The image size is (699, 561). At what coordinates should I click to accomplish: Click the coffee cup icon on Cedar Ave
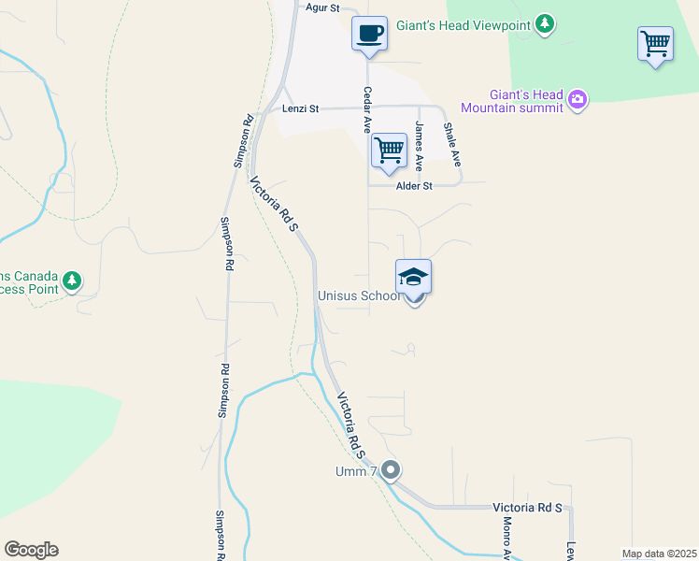tap(369, 33)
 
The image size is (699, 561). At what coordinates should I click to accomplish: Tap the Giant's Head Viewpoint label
tap(463, 24)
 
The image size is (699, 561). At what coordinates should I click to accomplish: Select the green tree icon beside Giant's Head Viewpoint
tap(544, 25)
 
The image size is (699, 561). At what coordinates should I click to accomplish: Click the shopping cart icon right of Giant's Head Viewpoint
tap(655, 43)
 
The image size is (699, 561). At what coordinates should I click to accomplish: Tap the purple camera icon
tap(578, 99)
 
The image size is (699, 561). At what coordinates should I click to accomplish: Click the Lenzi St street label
tap(300, 109)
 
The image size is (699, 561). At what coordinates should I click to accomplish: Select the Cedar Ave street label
tap(368, 109)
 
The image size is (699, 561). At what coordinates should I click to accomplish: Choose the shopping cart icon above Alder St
tap(388, 150)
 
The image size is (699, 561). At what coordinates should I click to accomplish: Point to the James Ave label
tap(420, 147)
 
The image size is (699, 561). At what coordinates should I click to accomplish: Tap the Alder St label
tap(414, 186)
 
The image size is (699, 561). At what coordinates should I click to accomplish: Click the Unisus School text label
tap(358, 295)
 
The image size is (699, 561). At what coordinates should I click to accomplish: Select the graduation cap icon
tap(413, 278)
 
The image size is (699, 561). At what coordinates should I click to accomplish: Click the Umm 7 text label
tap(356, 470)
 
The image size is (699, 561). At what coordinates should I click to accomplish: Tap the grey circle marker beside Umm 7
tap(391, 469)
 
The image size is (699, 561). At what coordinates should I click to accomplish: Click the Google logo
tap(31, 550)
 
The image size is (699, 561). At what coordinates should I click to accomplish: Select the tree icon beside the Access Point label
tap(72, 280)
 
